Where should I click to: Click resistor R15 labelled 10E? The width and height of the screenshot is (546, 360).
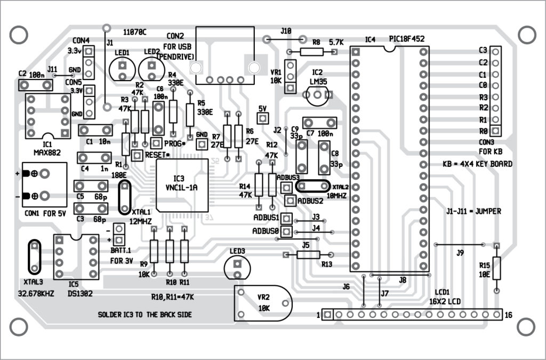tap(496, 268)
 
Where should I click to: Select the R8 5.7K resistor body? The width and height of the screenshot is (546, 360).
tap(312, 52)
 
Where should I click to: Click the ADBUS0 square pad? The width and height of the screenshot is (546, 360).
tap(287, 231)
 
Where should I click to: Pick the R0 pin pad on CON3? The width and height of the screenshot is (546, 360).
tap(496, 130)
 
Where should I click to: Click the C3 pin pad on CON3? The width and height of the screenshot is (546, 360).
tap(496, 52)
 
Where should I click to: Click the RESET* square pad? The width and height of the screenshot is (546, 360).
tap(136, 155)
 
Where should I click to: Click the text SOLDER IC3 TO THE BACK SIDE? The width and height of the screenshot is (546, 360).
tap(144, 315)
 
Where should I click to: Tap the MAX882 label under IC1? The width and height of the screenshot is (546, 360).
tap(47, 153)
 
